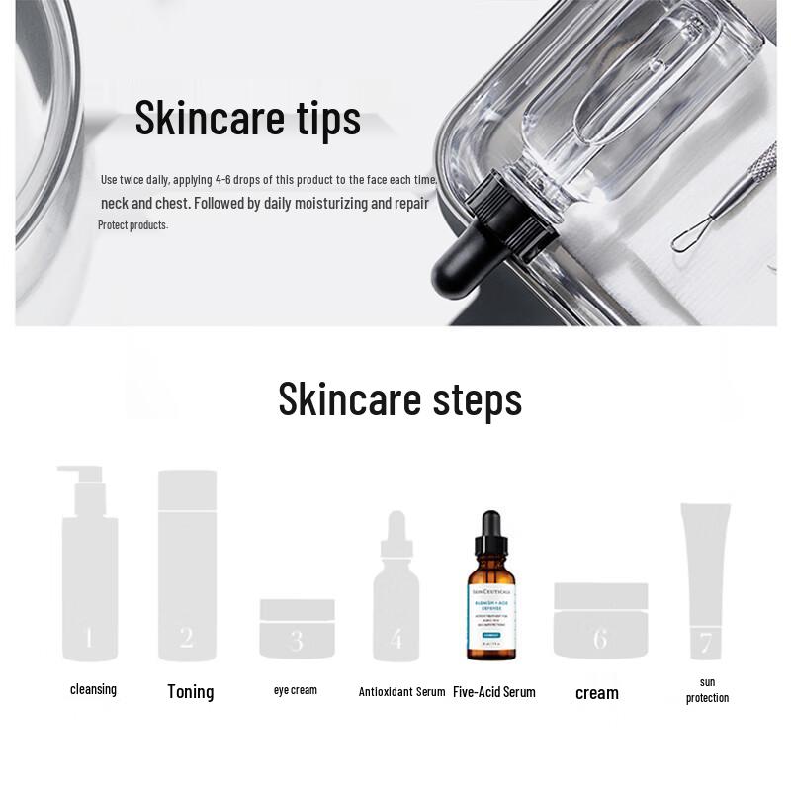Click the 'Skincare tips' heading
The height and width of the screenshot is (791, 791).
pos(247,118)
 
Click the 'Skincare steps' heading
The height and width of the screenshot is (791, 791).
pos(399,398)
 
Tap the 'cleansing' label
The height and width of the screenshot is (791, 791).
pos(93,689)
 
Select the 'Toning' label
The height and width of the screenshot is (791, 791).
pos(190,692)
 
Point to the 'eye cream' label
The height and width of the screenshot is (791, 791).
pos(295,690)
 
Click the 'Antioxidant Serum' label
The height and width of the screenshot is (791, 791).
pos(401,692)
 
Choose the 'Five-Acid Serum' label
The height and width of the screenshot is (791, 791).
pos(493,692)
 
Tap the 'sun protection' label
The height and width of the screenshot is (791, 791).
pos(707,690)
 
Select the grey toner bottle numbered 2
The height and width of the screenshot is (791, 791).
pos(187,569)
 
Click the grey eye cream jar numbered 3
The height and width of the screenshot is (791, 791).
pos(297,630)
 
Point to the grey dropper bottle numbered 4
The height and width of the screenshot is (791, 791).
pos(395,598)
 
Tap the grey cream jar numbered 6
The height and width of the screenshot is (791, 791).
pos(600,621)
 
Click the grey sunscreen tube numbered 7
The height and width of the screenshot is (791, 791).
pos(705,578)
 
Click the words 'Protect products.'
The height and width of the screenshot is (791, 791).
pos(132,225)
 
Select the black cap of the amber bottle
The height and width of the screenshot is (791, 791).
pos(491,534)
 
